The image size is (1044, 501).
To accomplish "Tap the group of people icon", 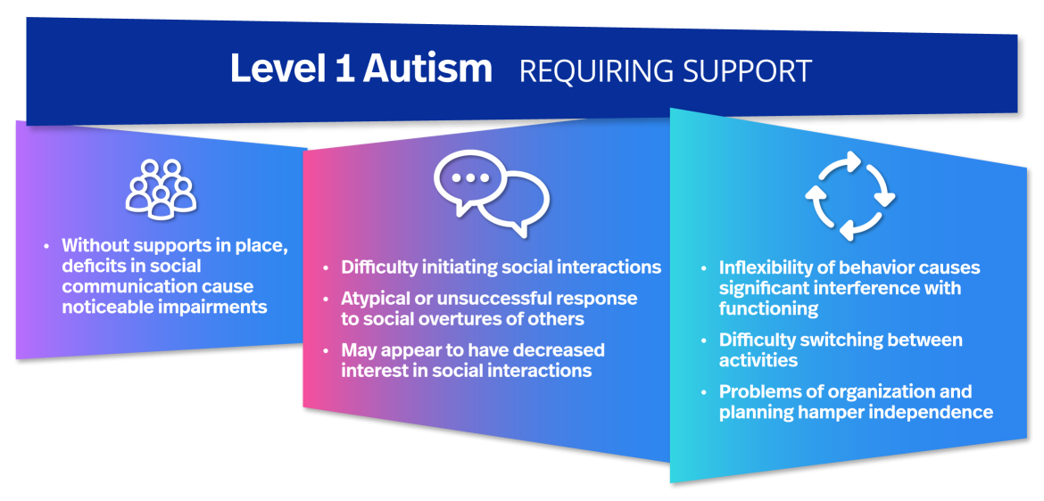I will [x=161, y=189].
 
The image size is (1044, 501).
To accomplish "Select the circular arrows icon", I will [x=849, y=196].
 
